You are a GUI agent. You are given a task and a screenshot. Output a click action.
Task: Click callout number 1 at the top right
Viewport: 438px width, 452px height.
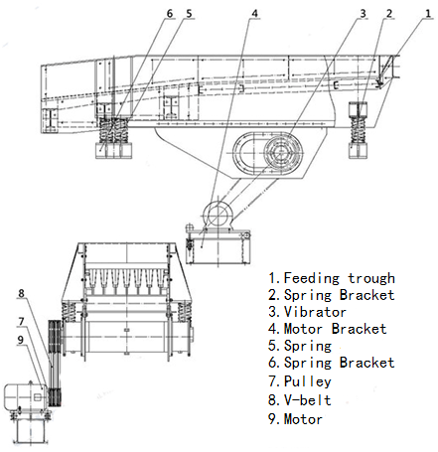428,14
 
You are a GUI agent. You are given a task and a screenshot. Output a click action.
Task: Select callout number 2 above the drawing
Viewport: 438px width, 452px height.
389,14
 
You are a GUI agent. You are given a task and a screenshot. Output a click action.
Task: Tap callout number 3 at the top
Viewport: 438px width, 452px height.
363,14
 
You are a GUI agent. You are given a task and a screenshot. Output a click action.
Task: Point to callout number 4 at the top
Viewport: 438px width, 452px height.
254,14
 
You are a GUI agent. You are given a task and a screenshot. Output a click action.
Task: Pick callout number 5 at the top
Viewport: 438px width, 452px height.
189,14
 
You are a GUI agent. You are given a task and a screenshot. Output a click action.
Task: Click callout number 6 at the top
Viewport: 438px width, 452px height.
170,14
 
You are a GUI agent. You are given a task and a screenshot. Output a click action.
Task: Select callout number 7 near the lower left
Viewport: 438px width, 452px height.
21,322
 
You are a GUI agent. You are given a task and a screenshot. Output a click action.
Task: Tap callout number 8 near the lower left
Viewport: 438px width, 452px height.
21,293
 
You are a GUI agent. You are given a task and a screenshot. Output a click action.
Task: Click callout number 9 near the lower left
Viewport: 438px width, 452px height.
21,340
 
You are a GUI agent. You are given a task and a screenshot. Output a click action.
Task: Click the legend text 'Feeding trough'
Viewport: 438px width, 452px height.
340,278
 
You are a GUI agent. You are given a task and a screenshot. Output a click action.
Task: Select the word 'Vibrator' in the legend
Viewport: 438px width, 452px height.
315,312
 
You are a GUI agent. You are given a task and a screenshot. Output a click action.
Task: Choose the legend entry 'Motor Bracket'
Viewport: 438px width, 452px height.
335,329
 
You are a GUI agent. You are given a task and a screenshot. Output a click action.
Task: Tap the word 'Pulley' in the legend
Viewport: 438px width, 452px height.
307,381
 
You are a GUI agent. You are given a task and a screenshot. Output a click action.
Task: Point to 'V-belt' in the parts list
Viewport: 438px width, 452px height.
307,400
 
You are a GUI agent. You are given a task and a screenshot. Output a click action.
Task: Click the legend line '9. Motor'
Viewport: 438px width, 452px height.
295,419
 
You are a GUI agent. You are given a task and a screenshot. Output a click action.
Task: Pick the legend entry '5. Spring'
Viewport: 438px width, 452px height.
300,347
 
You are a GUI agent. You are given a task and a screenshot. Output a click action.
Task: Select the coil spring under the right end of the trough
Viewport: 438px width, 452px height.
358,130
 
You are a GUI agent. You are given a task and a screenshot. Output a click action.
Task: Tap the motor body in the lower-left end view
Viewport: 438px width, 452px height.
25,395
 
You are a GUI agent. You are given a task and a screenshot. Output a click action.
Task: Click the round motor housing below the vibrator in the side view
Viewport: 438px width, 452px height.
218,213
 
